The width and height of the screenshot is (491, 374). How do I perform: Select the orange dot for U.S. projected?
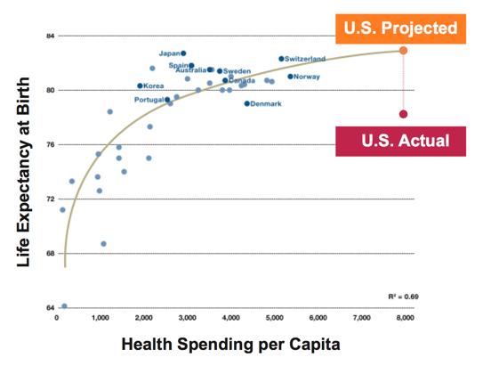pos(403,51)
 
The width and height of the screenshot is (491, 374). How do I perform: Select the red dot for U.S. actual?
pos(403,114)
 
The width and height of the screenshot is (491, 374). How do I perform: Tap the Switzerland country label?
pos(305,59)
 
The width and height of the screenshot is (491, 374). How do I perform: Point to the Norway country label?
pos(307,77)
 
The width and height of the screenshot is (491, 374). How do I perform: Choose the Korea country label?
pos(154,86)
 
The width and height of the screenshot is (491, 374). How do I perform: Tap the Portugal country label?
pos(149,100)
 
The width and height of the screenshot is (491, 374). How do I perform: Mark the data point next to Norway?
pos(290,77)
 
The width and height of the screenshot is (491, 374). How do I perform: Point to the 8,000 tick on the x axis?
pos(405,317)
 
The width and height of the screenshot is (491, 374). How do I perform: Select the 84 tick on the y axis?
pos(50,36)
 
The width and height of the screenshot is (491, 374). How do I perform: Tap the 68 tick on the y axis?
pos(50,254)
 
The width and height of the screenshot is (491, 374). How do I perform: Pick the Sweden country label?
pos(237,71)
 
